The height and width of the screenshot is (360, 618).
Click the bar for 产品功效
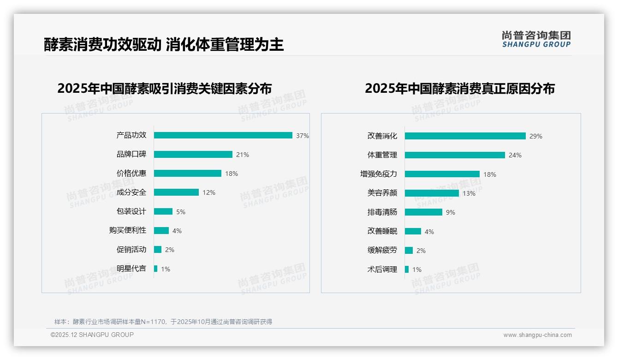pyautogui.click(x=223, y=135)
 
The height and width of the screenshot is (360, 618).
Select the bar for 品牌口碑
pyautogui.click(x=193, y=155)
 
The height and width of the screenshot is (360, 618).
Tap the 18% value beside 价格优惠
pyautogui.click(x=232, y=174)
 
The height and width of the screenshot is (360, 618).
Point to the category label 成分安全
pyautogui.click(x=131, y=192)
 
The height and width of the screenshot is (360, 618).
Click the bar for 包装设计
pyautogui.click(x=163, y=211)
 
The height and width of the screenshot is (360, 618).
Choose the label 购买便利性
pyautogui.click(x=127, y=230)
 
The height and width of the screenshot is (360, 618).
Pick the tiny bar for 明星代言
pyautogui.click(x=155, y=269)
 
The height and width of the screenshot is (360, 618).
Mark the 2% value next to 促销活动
pyautogui.click(x=170, y=250)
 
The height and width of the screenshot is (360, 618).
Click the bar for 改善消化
pyautogui.click(x=465, y=136)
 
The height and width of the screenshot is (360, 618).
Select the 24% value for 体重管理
pyautogui.click(x=515, y=156)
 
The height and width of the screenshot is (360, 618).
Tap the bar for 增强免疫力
pyautogui.click(x=442, y=174)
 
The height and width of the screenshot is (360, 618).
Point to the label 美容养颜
pyautogui.click(x=382, y=193)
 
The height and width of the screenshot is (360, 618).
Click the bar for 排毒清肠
pyautogui.click(x=423, y=212)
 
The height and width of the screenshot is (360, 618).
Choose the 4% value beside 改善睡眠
pyautogui.click(x=429, y=232)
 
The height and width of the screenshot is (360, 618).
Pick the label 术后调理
pyautogui.click(x=382, y=270)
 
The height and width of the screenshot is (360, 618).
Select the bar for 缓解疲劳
pyautogui.click(x=409, y=250)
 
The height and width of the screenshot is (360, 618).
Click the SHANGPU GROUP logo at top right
pyautogui.click(x=536, y=39)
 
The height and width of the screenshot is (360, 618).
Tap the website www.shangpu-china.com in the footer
pyautogui.click(x=537, y=335)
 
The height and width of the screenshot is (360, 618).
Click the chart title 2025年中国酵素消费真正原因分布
pyautogui.click(x=459, y=89)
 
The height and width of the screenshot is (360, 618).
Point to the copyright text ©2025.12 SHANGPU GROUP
pyautogui.click(x=92, y=335)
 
